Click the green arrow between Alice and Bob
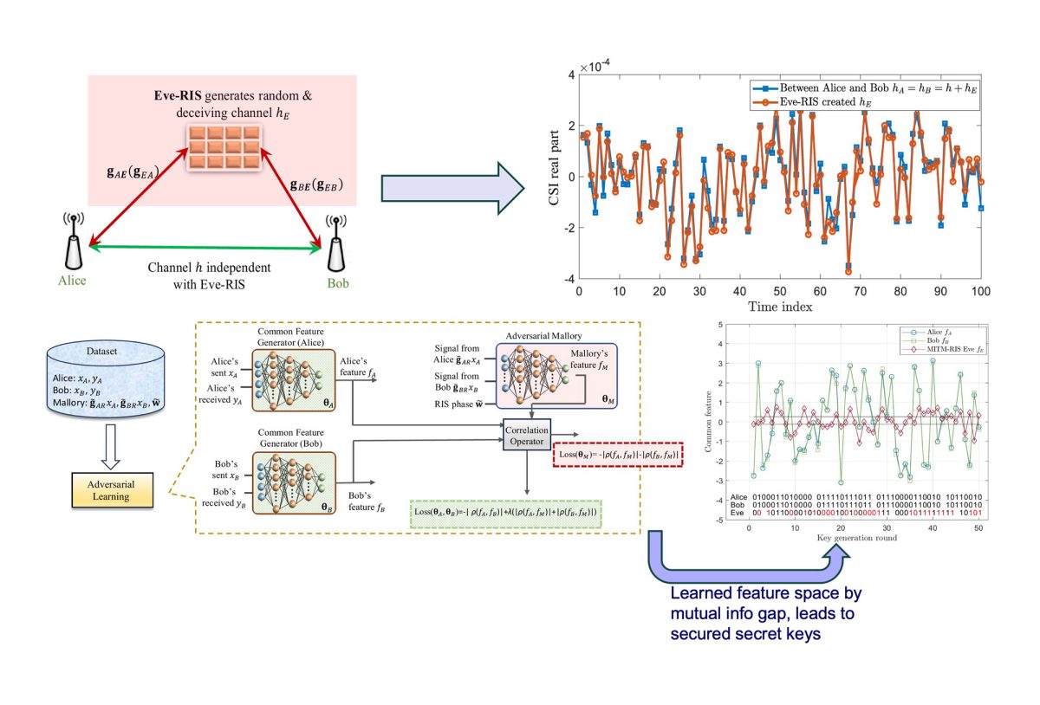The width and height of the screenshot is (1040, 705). click(205, 249)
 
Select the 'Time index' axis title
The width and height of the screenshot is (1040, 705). click(779, 306)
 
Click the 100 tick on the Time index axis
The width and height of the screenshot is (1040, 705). click(981, 290)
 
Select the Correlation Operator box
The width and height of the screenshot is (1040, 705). click(528, 433)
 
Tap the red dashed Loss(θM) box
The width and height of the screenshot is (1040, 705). click(617, 455)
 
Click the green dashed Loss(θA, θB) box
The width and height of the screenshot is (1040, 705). click(507, 513)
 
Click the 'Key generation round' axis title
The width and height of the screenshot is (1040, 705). click(856, 538)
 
